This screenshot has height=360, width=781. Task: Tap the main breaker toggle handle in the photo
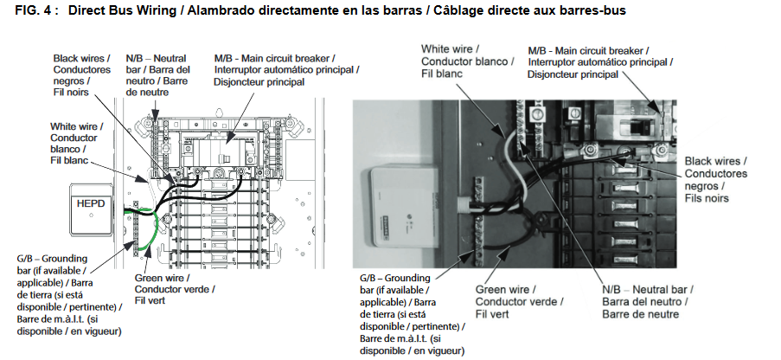(x=637, y=126)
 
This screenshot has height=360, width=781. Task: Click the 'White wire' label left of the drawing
(x=76, y=125)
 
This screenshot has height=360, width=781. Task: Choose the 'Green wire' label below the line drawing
(x=162, y=278)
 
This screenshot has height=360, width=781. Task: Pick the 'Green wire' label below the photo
(x=505, y=289)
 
